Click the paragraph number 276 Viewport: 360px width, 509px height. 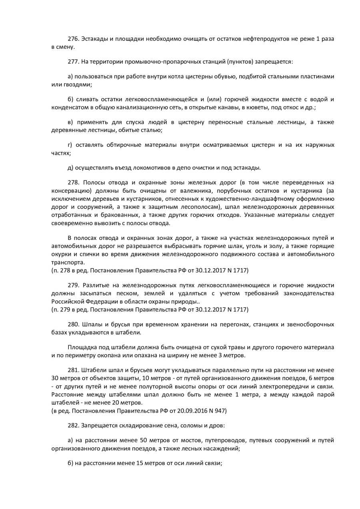[x=73, y=39]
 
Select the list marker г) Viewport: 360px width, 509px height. [x=70, y=145]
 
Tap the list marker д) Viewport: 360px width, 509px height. [x=70, y=167]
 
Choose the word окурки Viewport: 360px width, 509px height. [x=61, y=254]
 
